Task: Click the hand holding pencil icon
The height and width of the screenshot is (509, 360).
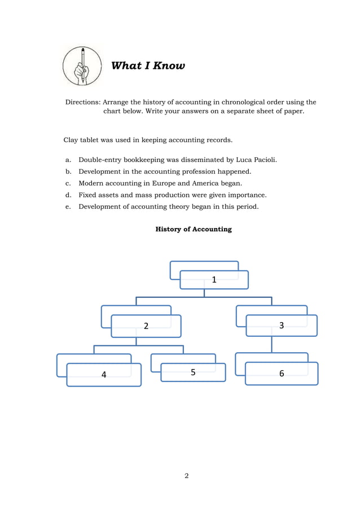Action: [x=82, y=66]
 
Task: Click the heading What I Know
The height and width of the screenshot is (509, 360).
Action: [x=148, y=66]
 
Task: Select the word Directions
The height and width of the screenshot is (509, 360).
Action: [x=82, y=102]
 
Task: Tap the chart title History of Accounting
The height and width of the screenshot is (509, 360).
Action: [x=194, y=229]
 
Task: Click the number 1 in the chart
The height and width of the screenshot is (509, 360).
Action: [x=214, y=279]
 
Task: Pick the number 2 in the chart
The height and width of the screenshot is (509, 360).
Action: [x=146, y=326]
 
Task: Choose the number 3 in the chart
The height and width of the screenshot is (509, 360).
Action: [x=281, y=325]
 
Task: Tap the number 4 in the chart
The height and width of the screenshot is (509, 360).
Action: [x=104, y=374]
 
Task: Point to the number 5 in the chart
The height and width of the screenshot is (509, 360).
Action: [x=193, y=372]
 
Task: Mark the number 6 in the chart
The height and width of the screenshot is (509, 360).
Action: [x=281, y=374]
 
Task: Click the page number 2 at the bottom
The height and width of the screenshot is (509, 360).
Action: [x=187, y=476]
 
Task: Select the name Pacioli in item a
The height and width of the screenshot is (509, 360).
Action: [x=262, y=160]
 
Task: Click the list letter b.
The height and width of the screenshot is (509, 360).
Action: [x=68, y=172]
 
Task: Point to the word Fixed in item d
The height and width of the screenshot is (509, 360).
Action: [x=88, y=195]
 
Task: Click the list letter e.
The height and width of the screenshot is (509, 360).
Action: [x=68, y=207]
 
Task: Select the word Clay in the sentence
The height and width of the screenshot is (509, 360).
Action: [x=71, y=139]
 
